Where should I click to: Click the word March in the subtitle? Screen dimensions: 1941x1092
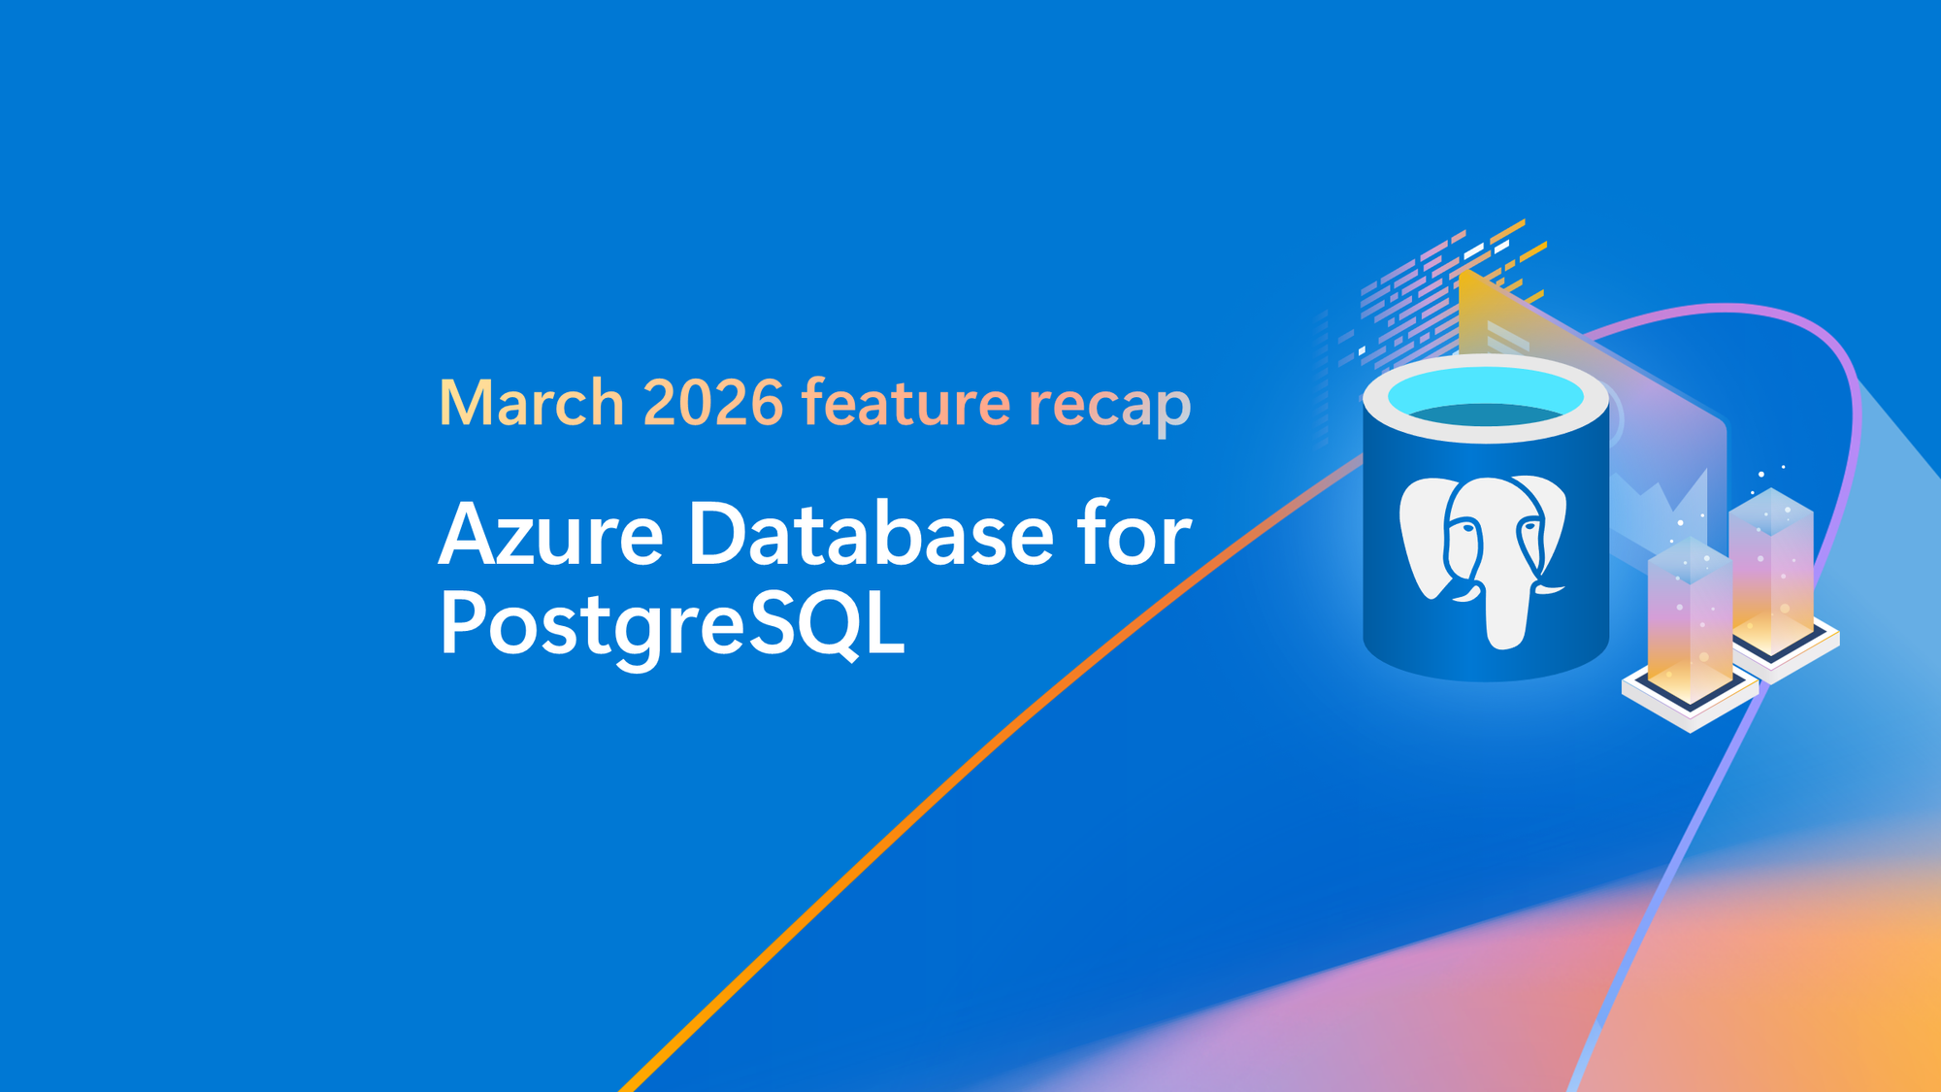[531, 402]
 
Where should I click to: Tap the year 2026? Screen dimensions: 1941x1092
[712, 402]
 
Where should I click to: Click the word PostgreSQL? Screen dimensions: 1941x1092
[672, 624]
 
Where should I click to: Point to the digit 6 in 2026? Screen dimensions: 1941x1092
[766, 402]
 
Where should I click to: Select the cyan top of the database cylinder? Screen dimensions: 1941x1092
[1485, 397]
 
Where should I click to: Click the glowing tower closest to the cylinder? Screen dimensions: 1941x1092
[1690, 621]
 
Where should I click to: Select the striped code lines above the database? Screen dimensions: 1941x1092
[1436, 291]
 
